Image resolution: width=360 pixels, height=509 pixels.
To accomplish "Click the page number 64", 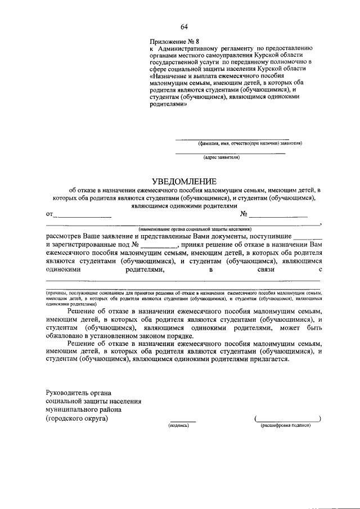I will pyautogui.click(x=184, y=26).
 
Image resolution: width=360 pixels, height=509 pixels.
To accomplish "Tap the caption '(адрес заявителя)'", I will pyautogui.click(x=230, y=158).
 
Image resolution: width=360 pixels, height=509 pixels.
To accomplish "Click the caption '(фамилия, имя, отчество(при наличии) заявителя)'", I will pyautogui.click(x=246, y=143).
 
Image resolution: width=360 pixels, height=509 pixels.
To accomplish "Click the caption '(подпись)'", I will pyautogui.click(x=179, y=426).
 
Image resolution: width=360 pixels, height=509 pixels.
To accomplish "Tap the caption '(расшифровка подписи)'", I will pyautogui.click(x=286, y=426).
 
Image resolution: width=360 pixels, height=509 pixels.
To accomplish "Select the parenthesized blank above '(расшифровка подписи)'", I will pyautogui.click(x=288, y=419).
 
